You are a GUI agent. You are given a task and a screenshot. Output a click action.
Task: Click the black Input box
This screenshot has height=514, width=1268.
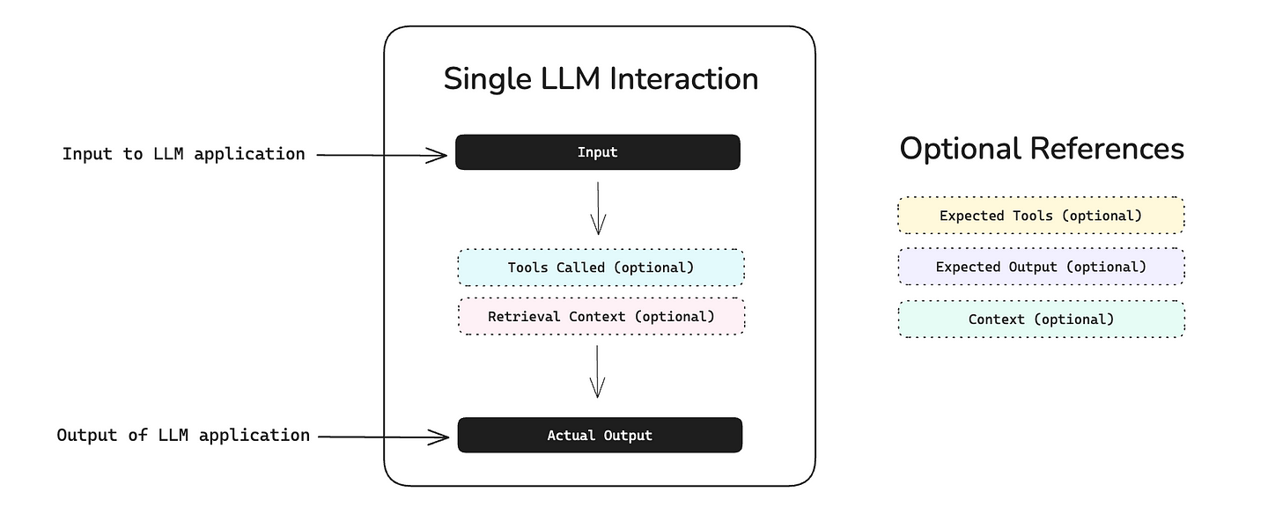pyautogui.click(x=597, y=152)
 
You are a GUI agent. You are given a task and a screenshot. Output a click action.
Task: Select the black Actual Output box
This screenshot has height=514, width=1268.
pyautogui.click(x=600, y=435)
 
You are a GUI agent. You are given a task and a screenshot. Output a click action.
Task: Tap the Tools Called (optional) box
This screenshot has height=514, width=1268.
pyautogui.click(x=601, y=268)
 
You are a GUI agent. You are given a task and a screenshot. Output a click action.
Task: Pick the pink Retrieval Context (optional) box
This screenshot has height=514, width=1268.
pyautogui.click(x=601, y=316)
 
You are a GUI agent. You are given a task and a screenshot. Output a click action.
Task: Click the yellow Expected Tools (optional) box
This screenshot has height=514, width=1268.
pyautogui.click(x=1041, y=216)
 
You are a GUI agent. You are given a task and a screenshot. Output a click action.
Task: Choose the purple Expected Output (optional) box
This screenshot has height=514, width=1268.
pyautogui.click(x=1041, y=267)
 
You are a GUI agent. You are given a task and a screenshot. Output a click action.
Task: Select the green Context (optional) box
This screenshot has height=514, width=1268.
pyautogui.click(x=1041, y=319)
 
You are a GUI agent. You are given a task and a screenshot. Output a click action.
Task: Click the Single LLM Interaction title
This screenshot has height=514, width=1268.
pyautogui.click(x=601, y=79)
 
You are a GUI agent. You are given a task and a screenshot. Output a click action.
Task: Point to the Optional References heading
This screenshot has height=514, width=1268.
pyautogui.click(x=1042, y=149)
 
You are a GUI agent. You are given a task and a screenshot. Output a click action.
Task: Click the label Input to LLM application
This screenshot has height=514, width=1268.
pyautogui.click(x=183, y=154)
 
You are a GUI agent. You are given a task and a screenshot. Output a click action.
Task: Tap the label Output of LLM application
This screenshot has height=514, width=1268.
pyautogui.click(x=183, y=435)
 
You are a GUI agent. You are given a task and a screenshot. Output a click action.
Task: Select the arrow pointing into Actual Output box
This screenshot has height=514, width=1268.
pyautogui.click(x=382, y=436)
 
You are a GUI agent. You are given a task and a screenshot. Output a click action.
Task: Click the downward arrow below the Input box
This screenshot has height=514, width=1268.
pyautogui.click(x=598, y=208)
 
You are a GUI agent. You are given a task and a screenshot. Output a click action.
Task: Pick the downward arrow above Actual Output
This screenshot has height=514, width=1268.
pyautogui.click(x=598, y=371)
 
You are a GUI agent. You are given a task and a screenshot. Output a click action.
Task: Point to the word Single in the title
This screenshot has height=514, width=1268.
pyautogui.click(x=483, y=79)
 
